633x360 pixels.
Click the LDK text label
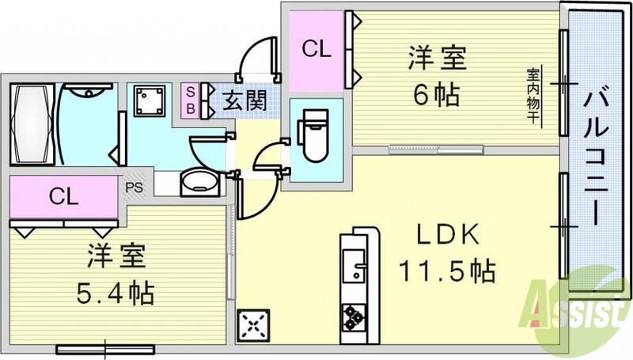click(445, 235)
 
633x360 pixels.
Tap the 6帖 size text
click(436, 95)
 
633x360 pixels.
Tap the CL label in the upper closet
click(317, 49)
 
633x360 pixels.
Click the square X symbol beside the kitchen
click(252, 324)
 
